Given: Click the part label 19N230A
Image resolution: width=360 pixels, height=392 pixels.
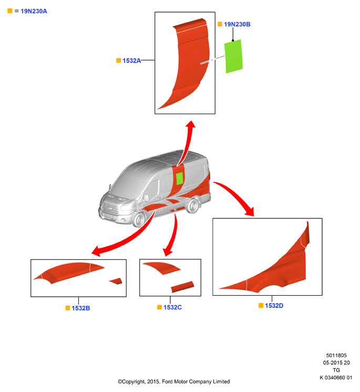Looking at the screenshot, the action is point(34,11).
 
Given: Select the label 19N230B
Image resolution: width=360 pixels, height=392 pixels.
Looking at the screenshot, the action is point(237,24).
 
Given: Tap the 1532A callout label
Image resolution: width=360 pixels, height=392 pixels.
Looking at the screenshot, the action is point(131,61).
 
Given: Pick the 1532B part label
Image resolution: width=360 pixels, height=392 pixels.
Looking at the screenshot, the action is point(80,308).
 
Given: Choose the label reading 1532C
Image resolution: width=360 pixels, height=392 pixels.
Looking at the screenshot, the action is point(172,307).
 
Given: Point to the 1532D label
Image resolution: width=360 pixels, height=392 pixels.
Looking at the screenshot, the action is point(274,306).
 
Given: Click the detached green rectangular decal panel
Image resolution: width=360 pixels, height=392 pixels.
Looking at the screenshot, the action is point(233,56).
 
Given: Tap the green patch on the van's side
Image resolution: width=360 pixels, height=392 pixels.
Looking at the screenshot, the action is point(180,178).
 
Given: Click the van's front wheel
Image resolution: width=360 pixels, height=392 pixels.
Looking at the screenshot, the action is point(139,219).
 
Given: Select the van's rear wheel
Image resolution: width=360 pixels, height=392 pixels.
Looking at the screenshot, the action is point(193,206).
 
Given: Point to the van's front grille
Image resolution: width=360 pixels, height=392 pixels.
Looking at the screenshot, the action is point(109,208).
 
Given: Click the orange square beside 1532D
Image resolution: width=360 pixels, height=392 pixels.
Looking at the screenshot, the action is point(261,306).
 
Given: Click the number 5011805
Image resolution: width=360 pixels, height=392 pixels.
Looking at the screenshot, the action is point(336,356).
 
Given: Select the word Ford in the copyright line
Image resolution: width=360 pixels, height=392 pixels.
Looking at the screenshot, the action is point(167,382).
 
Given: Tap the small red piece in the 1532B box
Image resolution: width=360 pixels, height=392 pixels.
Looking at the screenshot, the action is point(116,281).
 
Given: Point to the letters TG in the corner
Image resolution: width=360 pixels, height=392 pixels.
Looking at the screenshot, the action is point(336,370).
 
